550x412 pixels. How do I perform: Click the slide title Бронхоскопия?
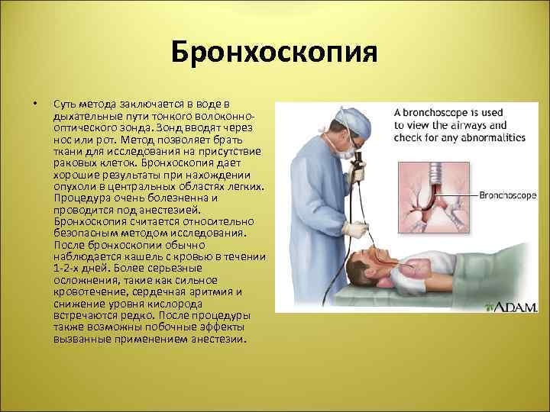[x=274, y=54]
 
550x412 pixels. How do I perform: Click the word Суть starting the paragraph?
[x=65, y=103]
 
